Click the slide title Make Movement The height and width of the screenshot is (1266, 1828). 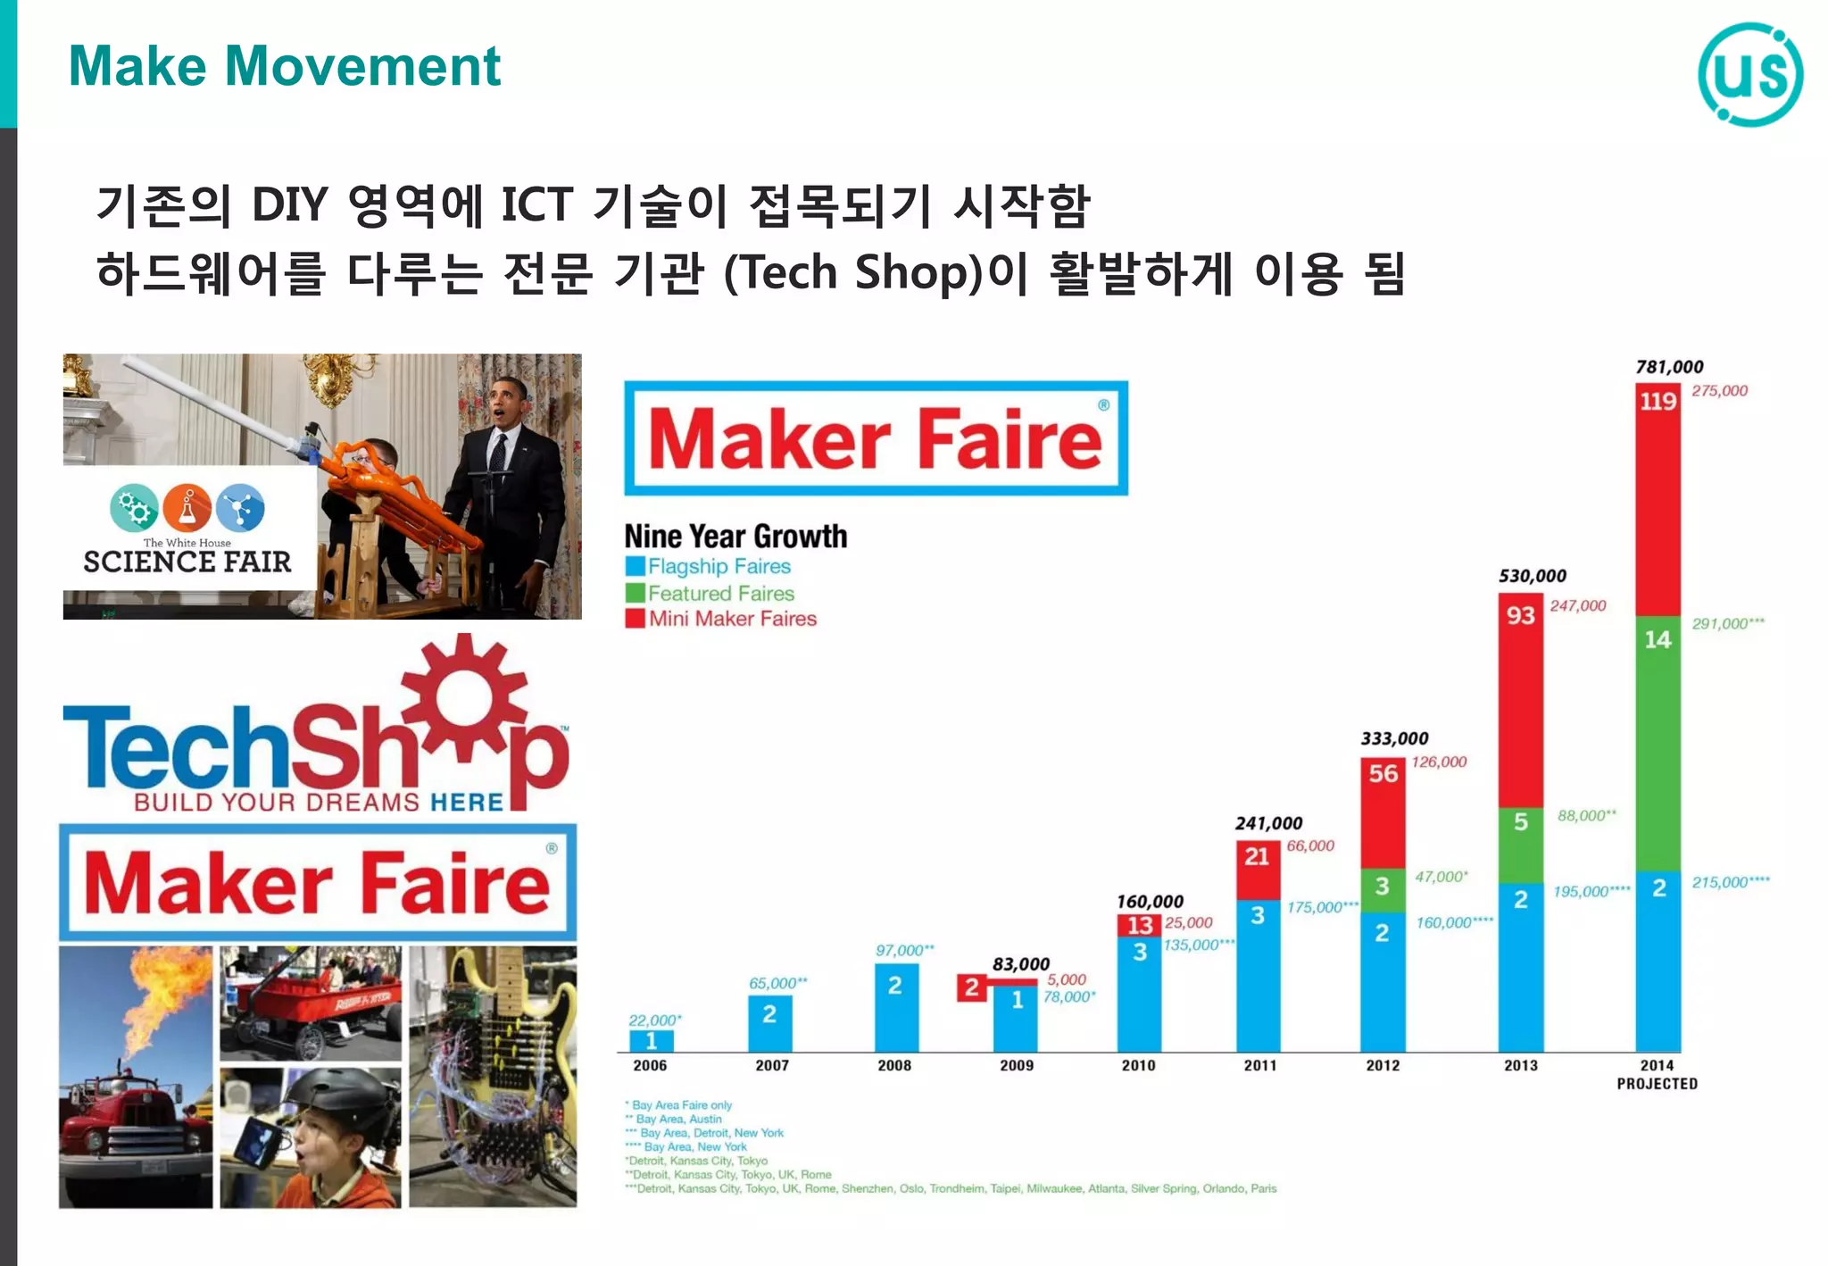[x=284, y=66]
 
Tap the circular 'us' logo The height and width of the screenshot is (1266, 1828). [x=1749, y=75]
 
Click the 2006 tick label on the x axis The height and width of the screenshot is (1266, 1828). [x=650, y=1065]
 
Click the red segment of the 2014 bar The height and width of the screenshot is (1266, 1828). [x=1658, y=500]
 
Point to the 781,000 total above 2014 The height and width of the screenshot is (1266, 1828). [x=1669, y=367]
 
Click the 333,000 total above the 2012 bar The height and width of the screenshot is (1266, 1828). [x=1394, y=738]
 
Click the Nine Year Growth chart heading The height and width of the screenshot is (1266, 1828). [x=735, y=536]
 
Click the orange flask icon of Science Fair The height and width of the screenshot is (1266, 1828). [x=187, y=509]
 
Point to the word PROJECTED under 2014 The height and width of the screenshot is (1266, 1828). [x=1657, y=1084]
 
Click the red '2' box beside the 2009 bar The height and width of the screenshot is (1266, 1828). [x=971, y=987]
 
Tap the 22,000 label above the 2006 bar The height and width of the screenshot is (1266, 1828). [x=654, y=1020]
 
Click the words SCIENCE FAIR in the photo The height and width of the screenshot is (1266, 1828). [x=187, y=562]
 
